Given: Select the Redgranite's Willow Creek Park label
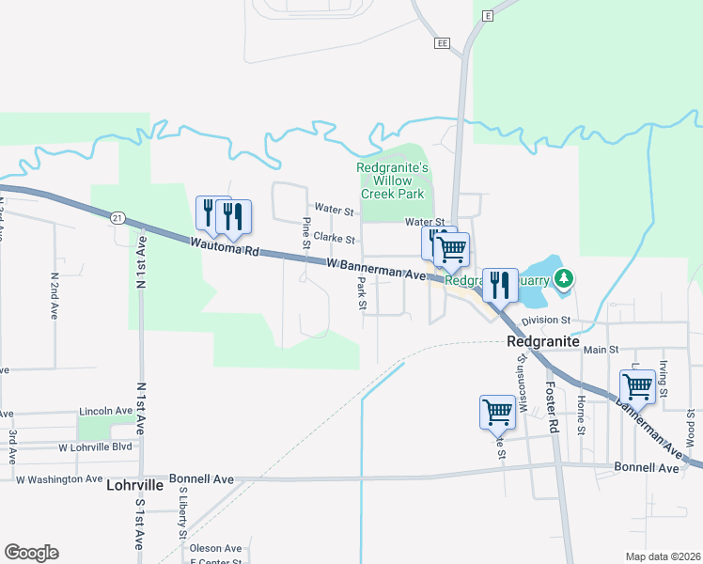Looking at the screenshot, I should (x=393, y=180).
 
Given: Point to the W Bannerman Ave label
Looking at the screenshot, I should (x=377, y=269).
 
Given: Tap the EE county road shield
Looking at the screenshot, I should (x=444, y=43).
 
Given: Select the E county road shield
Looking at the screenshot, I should (x=488, y=16).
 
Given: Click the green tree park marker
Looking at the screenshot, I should (x=563, y=278).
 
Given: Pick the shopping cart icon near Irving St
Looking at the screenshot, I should (x=637, y=385).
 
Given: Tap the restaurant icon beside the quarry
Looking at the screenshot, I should (x=499, y=284).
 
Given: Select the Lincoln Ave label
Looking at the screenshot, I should (x=106, y=412).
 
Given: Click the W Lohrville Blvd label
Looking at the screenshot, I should (x=96, y=447).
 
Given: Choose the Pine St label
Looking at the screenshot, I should (x=306, y=233).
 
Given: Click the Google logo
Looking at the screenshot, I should (x=31, y=553).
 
